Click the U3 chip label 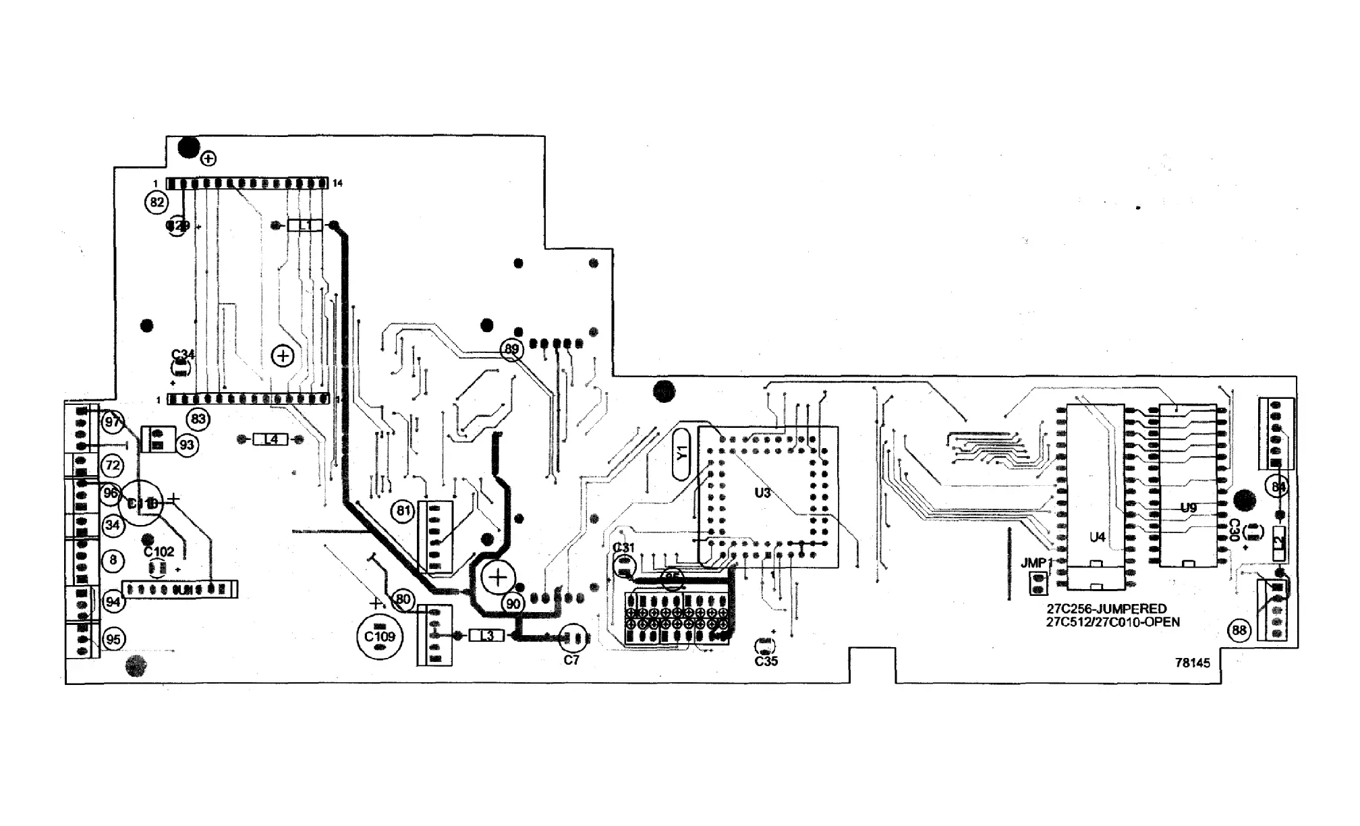click(x=762, y=493)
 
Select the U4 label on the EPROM click(x=1098, y=537)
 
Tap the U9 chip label click(x=1189, y=508)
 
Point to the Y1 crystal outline click(x=682, y=453)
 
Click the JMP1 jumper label click(x=1036, y=563)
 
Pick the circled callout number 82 click(x=157, y=202)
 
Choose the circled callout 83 click(x=198, y=419)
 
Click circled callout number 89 click(x=512, y=349)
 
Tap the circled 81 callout click(x=403, y=511)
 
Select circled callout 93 click(x=187, y=445)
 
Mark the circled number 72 click(x=113, y=466)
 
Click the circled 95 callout click(x=113, y=639)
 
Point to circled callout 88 click(x=1239, y=631)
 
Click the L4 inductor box click(x=271, y=439)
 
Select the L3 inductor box click(x=486, y=636)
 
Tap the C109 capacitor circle click(x=379, y=636)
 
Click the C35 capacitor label click(x=766, y=661)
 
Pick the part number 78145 click(x=1193, y=663)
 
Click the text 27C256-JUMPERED click(x=1106, y=609)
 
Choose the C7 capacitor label click(x=571, y=660)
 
